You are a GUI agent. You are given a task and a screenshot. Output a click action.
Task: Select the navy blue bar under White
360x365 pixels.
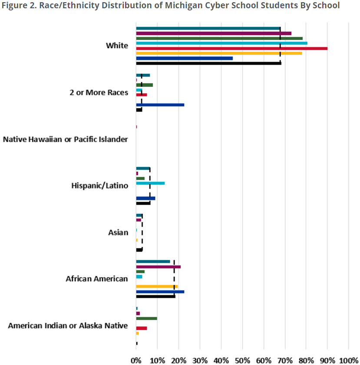[184, 58]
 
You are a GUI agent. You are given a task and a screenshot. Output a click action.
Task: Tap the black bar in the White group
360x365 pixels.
[208, 63]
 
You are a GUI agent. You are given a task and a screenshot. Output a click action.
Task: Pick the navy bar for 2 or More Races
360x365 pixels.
[160, 105]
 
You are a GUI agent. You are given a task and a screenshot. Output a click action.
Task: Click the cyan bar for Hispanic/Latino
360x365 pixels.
[150, 183]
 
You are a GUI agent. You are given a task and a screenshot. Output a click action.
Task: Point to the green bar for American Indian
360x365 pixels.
[146, 318]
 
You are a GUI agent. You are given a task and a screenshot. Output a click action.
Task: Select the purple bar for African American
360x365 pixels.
[158, 267]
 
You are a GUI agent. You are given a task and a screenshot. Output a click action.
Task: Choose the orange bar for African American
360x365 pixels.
[157, 286]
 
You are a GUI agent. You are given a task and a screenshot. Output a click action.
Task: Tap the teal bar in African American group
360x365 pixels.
[153, 262]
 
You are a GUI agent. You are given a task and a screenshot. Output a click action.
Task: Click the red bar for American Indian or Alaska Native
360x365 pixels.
[142, 328]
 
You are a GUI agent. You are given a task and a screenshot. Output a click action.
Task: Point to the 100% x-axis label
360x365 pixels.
[348, 360]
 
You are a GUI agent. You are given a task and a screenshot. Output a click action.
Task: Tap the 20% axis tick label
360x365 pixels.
[179, 360]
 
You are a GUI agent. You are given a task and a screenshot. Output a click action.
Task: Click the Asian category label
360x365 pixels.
[118, 232]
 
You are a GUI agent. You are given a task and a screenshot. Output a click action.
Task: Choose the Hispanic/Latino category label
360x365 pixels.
[99, 186]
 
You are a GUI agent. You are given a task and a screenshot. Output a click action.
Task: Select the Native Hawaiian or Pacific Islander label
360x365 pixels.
[65, 139]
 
